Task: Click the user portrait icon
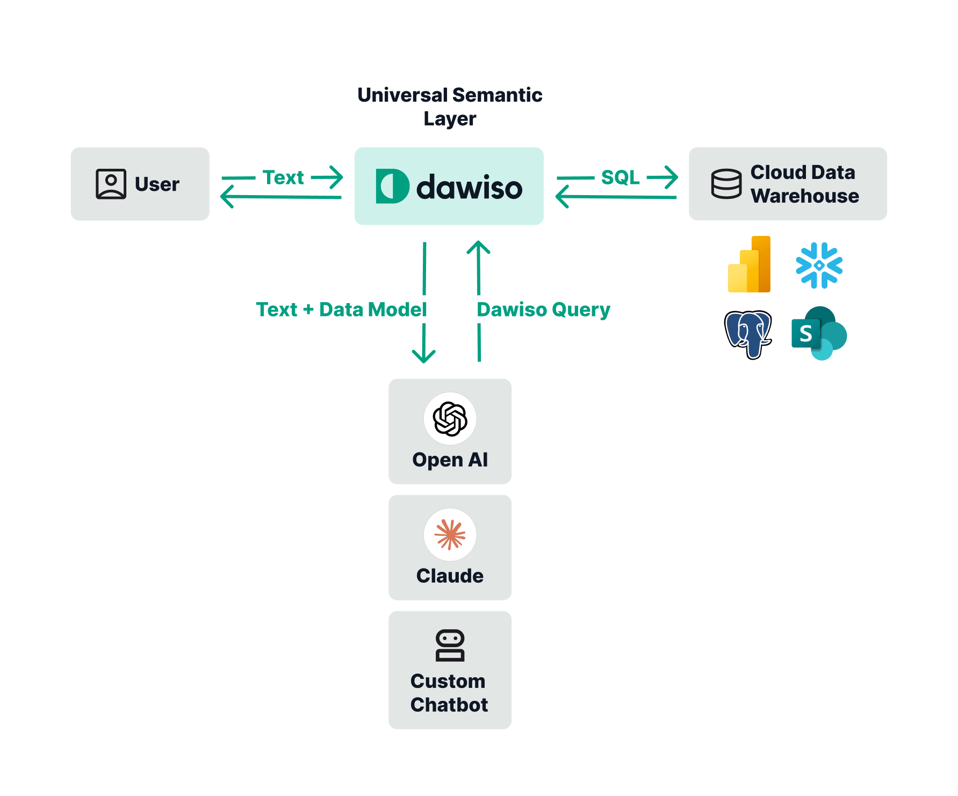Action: pyautogui.click(x=111, y=184)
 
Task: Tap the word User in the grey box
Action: pyautogui.click(x=157, y=184)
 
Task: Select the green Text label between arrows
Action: pyautogui.click(x=283, y=177)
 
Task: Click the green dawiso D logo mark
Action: pyautogui.click(x=392, y=186)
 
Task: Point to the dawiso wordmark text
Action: pyautogui.click(x=469, y=187)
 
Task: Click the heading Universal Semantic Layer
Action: pyautogui.click(x=450, y=106)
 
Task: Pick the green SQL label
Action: pyautogui.click(x=620, y=177)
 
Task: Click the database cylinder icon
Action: pyautogui.click(x=726, y=184)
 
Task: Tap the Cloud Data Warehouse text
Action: pyautogui.click(x=804, y=184)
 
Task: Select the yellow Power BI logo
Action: pyautogui.click(x=749, y=264)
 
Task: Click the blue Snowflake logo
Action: pyautogui.click(x=819, y=265)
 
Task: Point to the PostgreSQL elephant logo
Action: pyautogui.click(x=748, y=334)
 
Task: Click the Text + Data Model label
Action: pyautogui.click(x=341, y=310)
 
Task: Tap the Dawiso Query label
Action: pyautogui.click(x=543, y=310)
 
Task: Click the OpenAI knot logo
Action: pyautogui.click(x=450, y=419)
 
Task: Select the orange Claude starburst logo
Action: pyautogui.click(x=450, y=535)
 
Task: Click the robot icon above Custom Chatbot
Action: pyautogui.click(x=450, y=645)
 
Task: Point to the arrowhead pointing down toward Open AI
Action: pyautogui.click(x=423, y=357)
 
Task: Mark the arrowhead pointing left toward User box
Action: pyautogui.click(x=226, y=196)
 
